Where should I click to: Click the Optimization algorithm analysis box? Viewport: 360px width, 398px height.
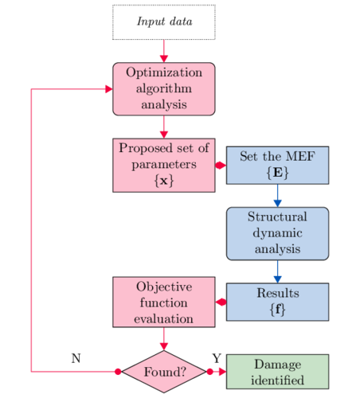click(x=164, y=88)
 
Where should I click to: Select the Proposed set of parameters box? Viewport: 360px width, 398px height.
click(x=164, y=164)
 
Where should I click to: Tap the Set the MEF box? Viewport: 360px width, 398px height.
click(x=277, y=166)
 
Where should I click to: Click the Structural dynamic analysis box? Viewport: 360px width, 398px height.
click(x=277, y=233)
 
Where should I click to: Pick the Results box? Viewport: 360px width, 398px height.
click(x=277, y=302)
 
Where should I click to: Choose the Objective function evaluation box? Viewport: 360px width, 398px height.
click(x=164, y=302)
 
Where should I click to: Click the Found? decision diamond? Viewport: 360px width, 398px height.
click(x=164, y=372)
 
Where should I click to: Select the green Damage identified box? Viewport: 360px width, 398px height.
click(x=277, y=372)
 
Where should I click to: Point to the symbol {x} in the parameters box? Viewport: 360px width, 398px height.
click(x=164, y=181)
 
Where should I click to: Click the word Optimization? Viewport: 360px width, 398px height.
click(x=164, y=72)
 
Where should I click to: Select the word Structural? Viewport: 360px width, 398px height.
click(x=277, y=217)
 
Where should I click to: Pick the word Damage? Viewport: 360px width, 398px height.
click(x=277, y=364)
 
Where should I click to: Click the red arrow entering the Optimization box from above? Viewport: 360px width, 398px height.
click(x=164, y=51)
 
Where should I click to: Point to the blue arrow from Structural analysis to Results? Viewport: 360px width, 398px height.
click(x=277, y=271)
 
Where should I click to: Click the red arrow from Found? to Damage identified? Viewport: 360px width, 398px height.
click(x=217, y=372)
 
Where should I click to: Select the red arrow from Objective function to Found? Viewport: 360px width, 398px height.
click(x=164, y=340)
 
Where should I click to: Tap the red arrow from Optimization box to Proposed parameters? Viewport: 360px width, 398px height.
click(x=164, y=126)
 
